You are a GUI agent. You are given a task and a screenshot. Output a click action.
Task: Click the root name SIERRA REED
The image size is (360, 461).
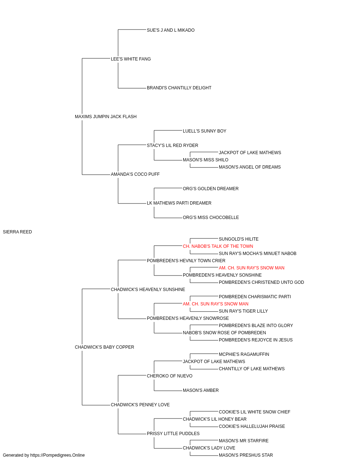(17, 232)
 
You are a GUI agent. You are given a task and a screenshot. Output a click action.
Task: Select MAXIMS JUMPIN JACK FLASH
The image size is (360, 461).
(105, 117)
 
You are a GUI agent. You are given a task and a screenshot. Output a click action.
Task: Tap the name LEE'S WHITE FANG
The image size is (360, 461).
(131, 59)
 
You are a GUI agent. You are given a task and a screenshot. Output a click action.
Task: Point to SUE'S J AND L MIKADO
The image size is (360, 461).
(171, 30)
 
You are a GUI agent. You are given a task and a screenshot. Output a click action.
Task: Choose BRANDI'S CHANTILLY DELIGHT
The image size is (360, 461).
(179, 88)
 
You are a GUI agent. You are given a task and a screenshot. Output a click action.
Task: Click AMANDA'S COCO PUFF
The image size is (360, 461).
(135, 174)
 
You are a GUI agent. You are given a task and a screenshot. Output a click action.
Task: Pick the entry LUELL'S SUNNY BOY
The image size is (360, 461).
(204, 131)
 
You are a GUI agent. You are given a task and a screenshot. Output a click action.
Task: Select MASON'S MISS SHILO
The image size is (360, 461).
(206, 160)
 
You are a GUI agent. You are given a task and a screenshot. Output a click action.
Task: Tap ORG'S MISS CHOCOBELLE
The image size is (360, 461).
(211, 218)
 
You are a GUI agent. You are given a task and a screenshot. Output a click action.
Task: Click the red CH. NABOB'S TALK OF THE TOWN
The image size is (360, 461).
(218, 246)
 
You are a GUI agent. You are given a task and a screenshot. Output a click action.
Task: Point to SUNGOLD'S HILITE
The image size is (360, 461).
(239, 239)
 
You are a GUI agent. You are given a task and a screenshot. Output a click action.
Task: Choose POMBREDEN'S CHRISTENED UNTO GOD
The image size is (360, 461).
(261, 282)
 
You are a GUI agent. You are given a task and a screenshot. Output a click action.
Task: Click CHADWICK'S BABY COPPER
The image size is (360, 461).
(104, 347)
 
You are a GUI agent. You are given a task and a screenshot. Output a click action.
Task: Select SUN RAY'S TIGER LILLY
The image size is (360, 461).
(243, 311)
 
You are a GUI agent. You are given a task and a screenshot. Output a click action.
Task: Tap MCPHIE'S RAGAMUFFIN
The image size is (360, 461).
(244, 354)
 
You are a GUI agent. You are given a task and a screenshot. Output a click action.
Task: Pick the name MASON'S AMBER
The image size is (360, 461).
(201, 390)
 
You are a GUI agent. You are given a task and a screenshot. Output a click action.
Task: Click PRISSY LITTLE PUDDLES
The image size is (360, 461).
(173, 434)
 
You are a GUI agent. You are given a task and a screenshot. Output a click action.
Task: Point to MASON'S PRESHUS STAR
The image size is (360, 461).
(246, 455)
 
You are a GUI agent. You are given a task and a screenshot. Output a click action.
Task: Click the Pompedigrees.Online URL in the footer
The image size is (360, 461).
(58, 455)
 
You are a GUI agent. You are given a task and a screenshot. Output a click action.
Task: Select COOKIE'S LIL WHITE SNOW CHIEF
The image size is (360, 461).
(255, 412)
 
